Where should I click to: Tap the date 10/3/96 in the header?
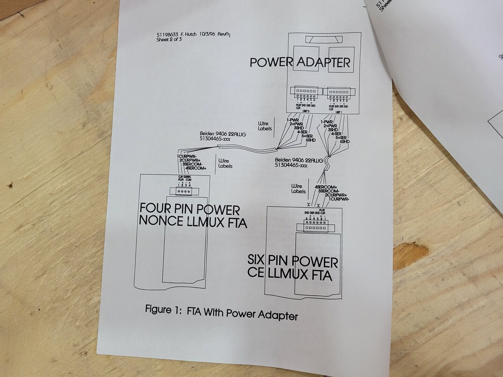click(204, 35)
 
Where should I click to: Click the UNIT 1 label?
click(338, 112)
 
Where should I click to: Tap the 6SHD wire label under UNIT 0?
click(311, 140)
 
